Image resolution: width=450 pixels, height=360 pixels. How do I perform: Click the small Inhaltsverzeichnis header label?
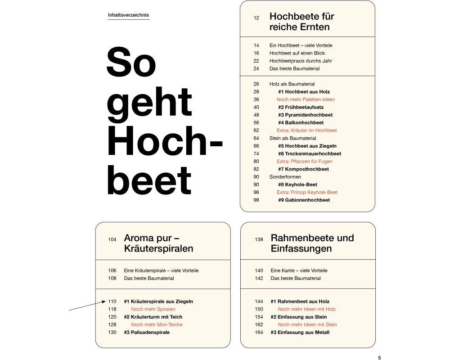coord(128,15)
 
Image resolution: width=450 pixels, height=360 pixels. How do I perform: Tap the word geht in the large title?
coord(149,102)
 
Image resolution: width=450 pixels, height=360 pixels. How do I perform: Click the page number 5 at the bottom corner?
coord(379,358)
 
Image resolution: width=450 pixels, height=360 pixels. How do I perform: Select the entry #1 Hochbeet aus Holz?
coord(304,92)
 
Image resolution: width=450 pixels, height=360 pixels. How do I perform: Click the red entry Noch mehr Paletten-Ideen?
coord(306,99)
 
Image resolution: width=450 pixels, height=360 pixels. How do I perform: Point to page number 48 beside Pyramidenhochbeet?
coord(256,115)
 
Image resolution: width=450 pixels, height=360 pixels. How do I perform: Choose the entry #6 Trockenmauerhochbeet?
coord(310,153)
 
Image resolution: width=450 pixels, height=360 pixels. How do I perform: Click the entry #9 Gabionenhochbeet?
coord(304,200)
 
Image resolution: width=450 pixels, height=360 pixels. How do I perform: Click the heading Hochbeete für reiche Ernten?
coord(301,22)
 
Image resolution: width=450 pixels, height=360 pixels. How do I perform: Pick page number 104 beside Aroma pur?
coord(112,239)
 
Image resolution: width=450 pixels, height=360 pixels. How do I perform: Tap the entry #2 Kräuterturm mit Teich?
coord(153,317)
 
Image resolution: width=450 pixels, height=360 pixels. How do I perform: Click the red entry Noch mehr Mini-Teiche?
coord(157,324)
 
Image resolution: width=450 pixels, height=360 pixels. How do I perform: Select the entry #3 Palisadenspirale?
coord(147,332)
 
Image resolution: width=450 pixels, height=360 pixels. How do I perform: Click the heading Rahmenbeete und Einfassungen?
coord(312,243)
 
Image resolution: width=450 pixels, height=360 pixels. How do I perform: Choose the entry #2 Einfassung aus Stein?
coord(298,317)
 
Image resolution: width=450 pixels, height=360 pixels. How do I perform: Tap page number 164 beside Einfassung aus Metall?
coord(259,332)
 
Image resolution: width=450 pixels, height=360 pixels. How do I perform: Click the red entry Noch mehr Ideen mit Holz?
coord(306,309)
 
